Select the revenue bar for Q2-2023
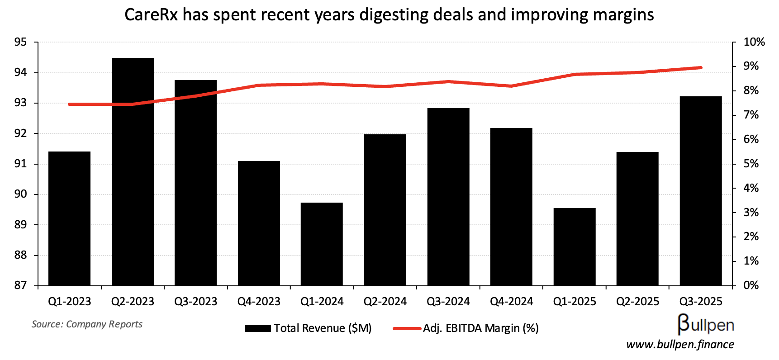133,172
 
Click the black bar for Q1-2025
575,247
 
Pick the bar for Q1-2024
322,244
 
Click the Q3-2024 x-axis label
448,302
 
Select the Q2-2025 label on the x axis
638,302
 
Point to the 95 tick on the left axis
21,43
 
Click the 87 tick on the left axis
21,285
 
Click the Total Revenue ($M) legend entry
322,328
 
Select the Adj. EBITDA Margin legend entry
480,328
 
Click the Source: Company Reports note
87,324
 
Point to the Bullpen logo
706,324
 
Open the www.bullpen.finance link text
680,345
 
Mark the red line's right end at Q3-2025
701,68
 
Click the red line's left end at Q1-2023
69,104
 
